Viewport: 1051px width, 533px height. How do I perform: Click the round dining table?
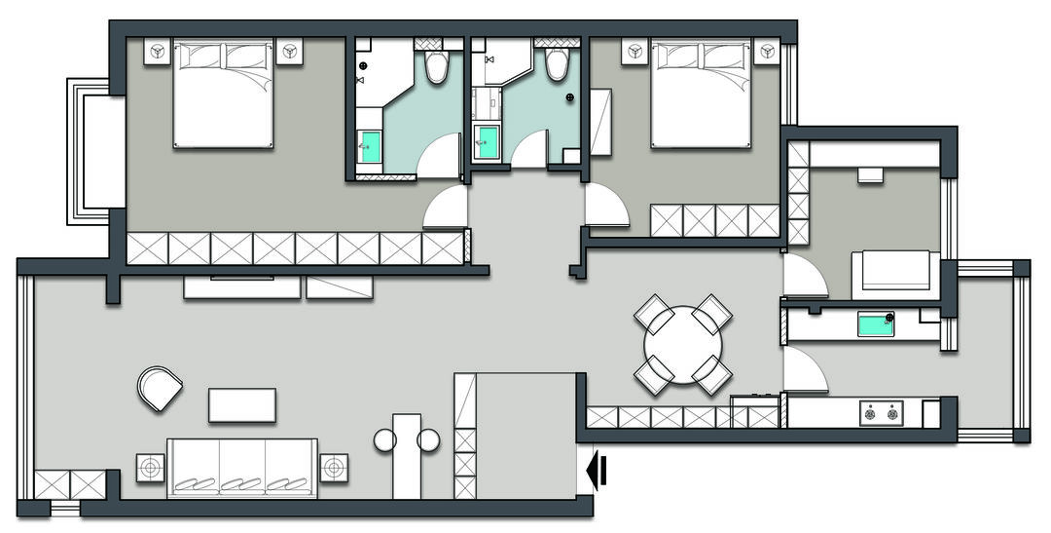683,345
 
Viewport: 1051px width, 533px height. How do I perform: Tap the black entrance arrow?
598,472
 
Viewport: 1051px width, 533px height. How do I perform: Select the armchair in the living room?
160,388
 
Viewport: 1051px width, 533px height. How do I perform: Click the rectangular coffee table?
242,405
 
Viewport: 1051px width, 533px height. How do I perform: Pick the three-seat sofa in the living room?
242,468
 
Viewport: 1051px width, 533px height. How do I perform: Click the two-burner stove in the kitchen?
881,413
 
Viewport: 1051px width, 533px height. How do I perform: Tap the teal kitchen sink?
875,324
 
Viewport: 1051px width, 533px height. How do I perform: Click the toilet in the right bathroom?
557,63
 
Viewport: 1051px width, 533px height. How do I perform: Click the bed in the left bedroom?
223,94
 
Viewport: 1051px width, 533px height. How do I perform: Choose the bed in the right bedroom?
701,94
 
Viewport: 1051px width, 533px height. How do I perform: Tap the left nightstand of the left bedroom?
158,51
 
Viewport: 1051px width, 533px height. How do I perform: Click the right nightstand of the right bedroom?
768,51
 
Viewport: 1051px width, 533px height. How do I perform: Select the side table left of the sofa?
149,469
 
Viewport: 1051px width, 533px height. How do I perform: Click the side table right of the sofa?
335,469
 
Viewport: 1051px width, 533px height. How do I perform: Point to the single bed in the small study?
891,274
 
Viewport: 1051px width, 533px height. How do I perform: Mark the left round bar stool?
384,441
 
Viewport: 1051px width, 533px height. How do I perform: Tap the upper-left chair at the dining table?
653,314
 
